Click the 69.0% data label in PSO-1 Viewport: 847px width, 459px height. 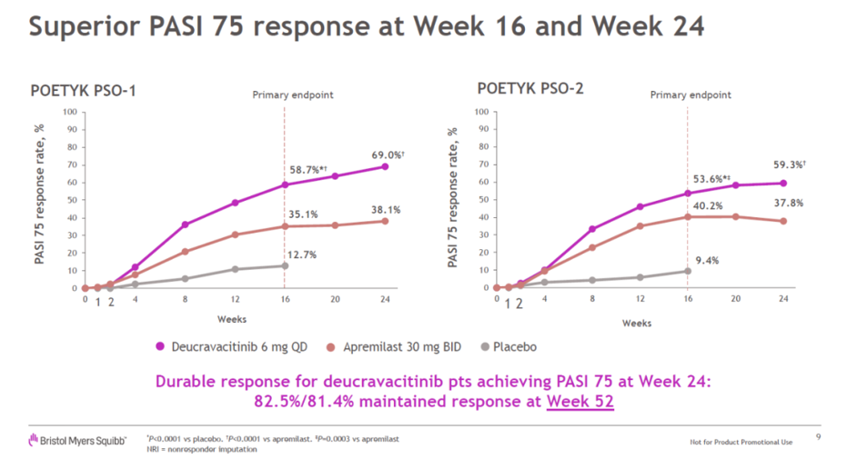pyautogui.click(x=388, y=155)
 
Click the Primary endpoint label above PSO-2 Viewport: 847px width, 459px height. pyautogui.click(x=691, y=95)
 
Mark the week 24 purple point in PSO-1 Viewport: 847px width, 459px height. pyautogui.click(x=385, y=166)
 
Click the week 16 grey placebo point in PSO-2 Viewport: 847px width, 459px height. pyautogui.click(x=688, y=271)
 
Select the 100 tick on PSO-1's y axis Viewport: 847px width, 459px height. pyautogui.click(x=70, y=112)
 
